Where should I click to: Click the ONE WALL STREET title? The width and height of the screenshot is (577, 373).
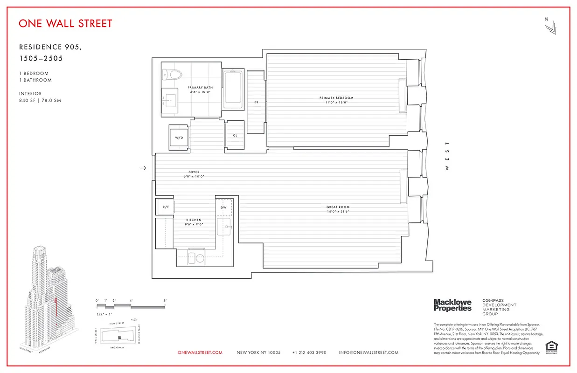tap(65, 23)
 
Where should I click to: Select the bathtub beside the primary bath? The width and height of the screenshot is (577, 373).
tap(232, 89)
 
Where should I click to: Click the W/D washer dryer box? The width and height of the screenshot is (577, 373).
tap(179, 138)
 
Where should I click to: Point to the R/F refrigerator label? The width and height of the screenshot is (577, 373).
tap(165, 207)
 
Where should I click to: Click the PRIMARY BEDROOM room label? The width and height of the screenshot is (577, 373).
tap(336, 98)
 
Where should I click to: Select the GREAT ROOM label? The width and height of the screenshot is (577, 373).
tap(338, 207)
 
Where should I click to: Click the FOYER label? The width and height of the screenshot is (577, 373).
tap(194, 173)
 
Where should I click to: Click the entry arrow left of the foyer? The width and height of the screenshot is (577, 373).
tap(143, 168)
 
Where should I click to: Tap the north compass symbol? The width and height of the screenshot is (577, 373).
tap(550, 26)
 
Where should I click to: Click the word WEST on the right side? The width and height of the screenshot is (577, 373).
tap(447, 156)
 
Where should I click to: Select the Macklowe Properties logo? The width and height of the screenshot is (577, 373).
tap(452, 305)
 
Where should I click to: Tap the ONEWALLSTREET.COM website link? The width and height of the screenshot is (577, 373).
tap(200, 353)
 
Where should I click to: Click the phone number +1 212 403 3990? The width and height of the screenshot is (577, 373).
tap(309, 353)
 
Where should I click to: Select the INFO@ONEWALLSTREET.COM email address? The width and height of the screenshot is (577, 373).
tap(368, 353)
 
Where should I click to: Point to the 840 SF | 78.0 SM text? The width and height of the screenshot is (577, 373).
tap(40, 101)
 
